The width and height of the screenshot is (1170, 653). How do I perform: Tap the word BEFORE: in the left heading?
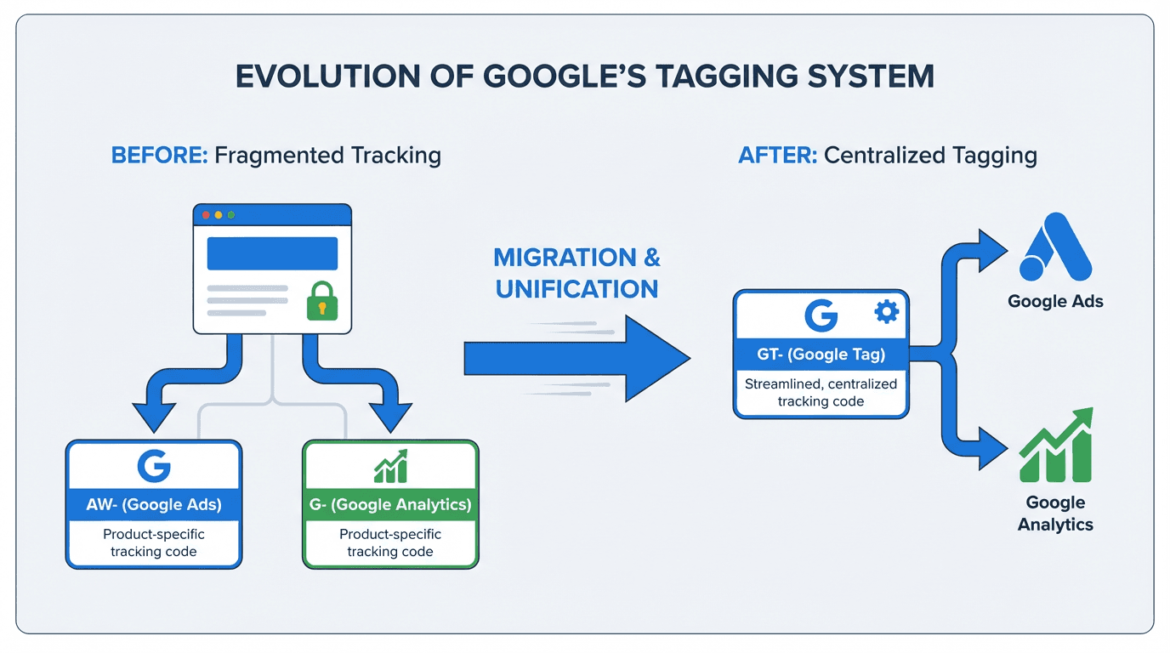[159, 156]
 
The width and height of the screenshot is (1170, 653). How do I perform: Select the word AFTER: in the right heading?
[777, 156]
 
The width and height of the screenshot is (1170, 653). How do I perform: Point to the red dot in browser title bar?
[204, 215]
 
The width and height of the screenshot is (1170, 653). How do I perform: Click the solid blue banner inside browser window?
[272, 253]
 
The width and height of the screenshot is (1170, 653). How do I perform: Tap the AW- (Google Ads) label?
[154, 504]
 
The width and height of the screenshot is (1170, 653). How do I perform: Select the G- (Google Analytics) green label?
[390, 504]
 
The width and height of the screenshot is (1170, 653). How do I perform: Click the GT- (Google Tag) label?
[821, 355]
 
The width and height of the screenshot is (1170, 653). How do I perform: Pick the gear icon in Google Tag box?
[886, 313]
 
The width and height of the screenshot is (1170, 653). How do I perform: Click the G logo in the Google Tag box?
[821, 315]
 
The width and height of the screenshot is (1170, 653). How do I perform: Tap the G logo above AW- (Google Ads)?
[154, 466]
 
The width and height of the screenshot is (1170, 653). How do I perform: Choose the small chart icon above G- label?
[390, 466]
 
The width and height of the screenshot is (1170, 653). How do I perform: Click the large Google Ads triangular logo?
[1055, 246]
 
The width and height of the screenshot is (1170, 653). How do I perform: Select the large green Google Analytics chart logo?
[1055, 446]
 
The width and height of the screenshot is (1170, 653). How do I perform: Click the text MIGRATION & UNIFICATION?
[576, 273]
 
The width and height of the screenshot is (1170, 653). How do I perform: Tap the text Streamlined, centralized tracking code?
[821, 392]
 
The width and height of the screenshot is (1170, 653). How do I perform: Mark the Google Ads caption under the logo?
[1055, 301]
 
